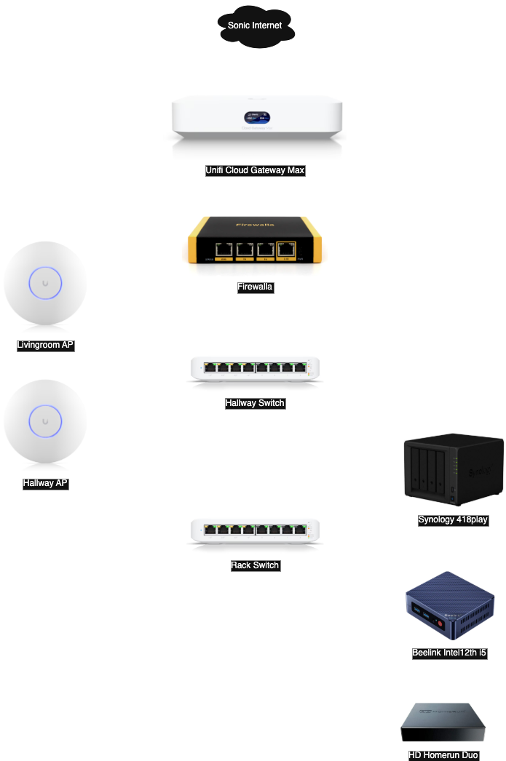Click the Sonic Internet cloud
[x=255, y=26]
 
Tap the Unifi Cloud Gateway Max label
[x=255, y=170]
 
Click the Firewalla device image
[x=255, y=244]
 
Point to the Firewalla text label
[x=255, y=287]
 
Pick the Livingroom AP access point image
[x=46, y=285]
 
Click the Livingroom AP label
[x=45, y=345]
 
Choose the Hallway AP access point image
[x=46, y=424]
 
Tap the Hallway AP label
[x=45, y=482]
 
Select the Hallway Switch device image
[x=255, y=369]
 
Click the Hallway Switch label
[x=255, y=403]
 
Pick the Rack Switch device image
[x=255, y=531]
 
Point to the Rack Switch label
[x=255, y=565]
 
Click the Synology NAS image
[x=452, y=469]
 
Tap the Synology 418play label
[x=453, y=519]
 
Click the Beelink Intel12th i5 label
[x=449, y=653]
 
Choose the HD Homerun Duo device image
[x=443, y=721]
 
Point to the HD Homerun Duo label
[x=443, y=755]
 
